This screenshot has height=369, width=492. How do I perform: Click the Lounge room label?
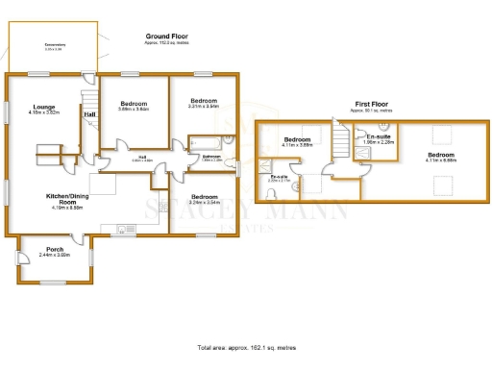43,107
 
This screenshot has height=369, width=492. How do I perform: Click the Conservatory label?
54,44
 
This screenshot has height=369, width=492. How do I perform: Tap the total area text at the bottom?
246,346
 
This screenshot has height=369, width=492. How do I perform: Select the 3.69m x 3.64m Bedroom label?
134,103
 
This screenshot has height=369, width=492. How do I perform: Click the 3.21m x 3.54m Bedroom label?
204,101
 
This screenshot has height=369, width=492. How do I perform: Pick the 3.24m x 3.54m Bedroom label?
205,196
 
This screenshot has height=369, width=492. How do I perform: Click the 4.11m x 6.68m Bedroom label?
441,156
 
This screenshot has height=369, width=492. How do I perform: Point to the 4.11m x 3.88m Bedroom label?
298,140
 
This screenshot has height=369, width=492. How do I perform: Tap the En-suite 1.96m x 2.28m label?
378,137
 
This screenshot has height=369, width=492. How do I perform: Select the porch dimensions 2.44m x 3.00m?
54,256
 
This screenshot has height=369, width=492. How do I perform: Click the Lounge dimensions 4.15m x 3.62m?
43,112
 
